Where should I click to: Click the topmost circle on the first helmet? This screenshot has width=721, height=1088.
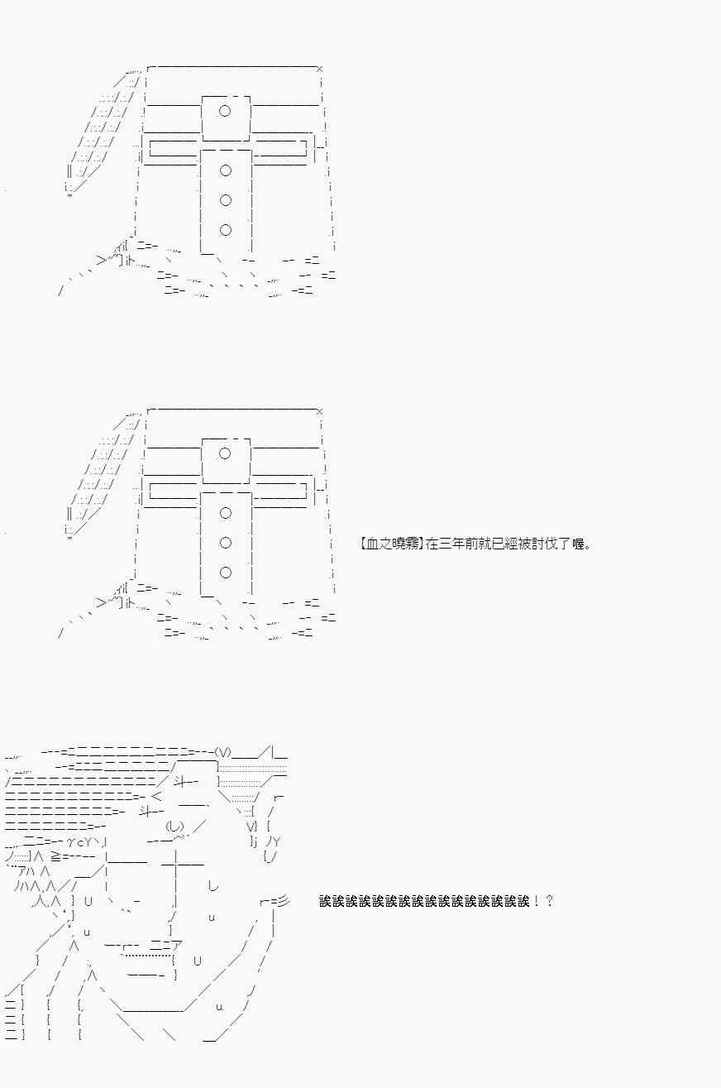tap(225, 111)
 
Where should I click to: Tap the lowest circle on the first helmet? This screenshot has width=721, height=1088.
tap(225, 230)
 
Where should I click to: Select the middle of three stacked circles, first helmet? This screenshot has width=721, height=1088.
tap(225, 200)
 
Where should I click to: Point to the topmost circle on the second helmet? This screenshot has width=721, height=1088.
tap(225, 453)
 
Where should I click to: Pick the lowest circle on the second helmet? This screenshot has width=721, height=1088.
tap(225, 573)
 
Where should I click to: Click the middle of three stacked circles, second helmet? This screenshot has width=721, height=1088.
tap(225, 543)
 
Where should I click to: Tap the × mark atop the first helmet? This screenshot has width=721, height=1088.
tap(319, 69)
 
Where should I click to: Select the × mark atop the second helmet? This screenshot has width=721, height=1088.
tap(319, 411)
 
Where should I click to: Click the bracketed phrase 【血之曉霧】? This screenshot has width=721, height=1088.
tap(392, 544)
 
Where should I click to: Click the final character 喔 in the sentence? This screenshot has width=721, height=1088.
tap(578, 544)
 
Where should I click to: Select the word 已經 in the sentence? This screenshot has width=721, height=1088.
tap(505, 544)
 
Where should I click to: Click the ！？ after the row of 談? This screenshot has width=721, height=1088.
tap(542, 901)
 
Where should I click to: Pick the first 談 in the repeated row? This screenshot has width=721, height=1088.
tap(325, 901)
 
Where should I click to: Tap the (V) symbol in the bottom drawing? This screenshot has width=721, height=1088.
tap(223, 753)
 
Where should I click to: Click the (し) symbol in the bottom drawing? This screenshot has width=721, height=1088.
tap(174, 826)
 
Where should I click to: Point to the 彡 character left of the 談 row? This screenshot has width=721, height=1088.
tap(284, 902)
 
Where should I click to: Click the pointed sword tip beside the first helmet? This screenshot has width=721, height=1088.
tap(69, 196)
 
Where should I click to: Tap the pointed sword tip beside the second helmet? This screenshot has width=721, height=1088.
tap(69, 538)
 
